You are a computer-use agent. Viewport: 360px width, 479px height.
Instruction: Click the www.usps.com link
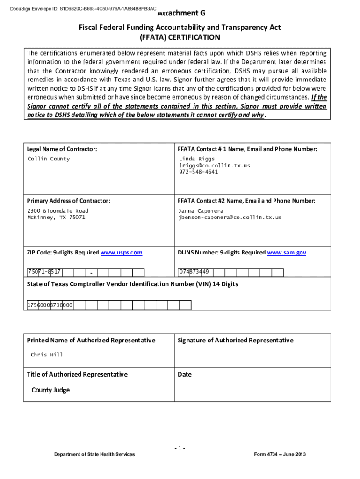point(121,253)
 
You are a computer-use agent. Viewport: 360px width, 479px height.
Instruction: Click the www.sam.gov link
point(287,253)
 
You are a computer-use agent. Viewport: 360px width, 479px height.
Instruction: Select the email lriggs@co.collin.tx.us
point(214,166)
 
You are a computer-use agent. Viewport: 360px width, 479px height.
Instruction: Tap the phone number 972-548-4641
point(198,172)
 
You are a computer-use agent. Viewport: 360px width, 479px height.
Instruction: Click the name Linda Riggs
point(197,159)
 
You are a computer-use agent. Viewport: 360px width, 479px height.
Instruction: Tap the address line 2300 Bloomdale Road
point(58,211)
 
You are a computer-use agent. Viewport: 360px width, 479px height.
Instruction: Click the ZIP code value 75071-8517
point(44,272)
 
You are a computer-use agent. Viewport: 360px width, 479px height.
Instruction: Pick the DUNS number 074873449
point(194,272)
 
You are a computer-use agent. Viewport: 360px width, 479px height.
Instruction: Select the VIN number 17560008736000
point(50,305)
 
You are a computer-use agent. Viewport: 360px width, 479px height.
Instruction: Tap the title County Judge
point(50,390)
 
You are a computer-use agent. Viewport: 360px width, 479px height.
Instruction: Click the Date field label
point(185,374)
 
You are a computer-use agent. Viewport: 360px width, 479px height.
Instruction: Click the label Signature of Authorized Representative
point(236,341)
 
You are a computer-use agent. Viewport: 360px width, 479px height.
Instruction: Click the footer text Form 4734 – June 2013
point(280,455)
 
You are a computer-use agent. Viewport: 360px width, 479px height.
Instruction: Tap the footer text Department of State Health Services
point(94,455)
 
